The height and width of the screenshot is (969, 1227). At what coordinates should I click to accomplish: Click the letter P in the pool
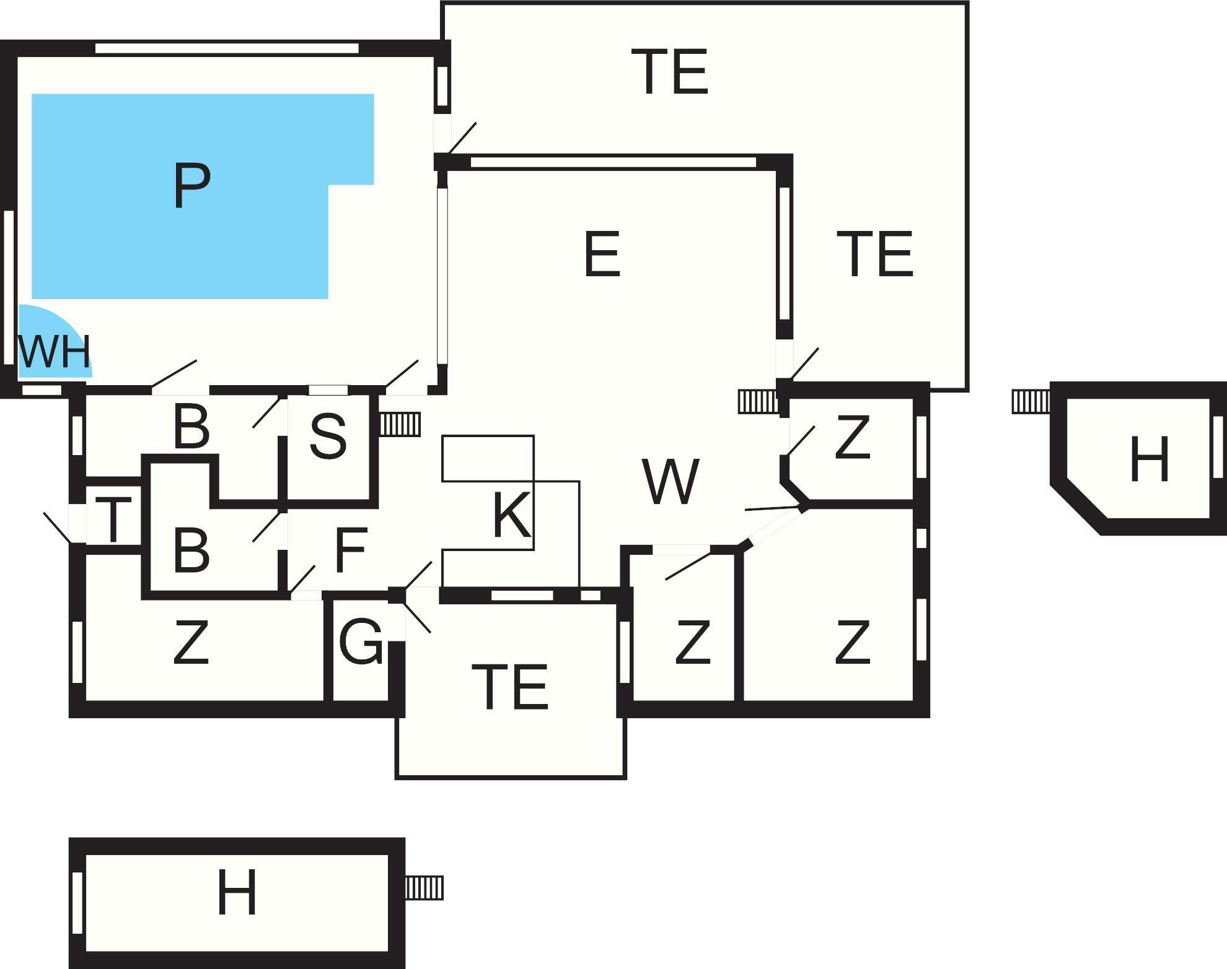[191, 185]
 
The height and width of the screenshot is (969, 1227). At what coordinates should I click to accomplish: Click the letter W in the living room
[671, 481]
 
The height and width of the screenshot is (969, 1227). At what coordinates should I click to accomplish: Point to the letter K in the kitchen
[511, 515]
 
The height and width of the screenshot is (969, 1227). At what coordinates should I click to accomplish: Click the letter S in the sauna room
[328, 437]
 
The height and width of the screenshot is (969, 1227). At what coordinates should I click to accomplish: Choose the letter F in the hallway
[351, 550]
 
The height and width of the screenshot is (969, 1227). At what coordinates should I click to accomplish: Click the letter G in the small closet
[361, 643]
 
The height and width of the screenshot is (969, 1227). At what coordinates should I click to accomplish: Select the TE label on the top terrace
[669, 72]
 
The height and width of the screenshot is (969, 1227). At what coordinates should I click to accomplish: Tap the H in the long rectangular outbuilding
[237, 892]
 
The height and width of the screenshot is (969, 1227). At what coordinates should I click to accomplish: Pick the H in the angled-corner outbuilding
[1149, 459]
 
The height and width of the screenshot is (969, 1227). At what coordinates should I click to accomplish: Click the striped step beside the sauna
[400, 424]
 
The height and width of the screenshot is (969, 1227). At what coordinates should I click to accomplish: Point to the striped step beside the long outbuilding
[424, 887]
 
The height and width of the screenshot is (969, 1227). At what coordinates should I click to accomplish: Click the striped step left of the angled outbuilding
[1031, 401]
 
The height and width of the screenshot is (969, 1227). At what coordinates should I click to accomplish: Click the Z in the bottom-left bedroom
[190, 643]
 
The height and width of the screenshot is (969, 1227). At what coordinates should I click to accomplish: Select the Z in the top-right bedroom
[852, 438]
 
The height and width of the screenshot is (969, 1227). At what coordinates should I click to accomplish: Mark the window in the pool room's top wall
[227, 48]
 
